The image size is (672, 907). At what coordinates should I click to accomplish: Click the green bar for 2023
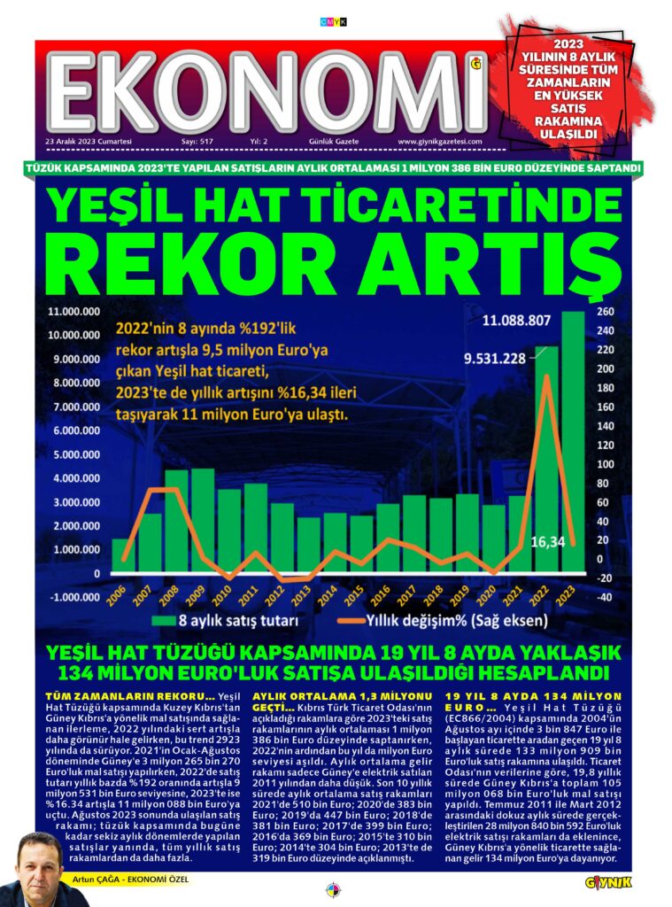573,443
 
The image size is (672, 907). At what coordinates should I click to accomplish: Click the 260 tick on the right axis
605,311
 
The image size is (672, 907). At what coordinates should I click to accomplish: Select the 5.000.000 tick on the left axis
73,454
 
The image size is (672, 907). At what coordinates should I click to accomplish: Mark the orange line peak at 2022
547,376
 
